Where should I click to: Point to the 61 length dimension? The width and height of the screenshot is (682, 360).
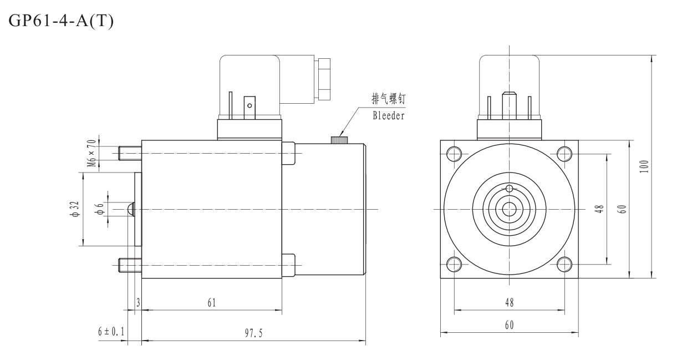[x=211, y=303]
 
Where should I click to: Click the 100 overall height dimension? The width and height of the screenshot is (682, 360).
[x=643, y=165]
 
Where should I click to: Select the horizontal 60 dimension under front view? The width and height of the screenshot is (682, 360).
[x=509, y=326]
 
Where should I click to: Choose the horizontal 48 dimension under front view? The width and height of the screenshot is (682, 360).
[x=509, y=303]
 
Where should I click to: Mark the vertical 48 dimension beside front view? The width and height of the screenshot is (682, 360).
[x=599, y=209]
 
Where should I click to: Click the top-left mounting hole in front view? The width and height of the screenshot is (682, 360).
[x=454, y=153]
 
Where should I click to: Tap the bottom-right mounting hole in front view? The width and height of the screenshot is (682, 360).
[x=564, y=263]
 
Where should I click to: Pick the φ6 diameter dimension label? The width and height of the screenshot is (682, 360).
[x=100, y=209]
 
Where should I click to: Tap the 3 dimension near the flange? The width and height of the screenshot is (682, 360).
[x=138, y=303]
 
